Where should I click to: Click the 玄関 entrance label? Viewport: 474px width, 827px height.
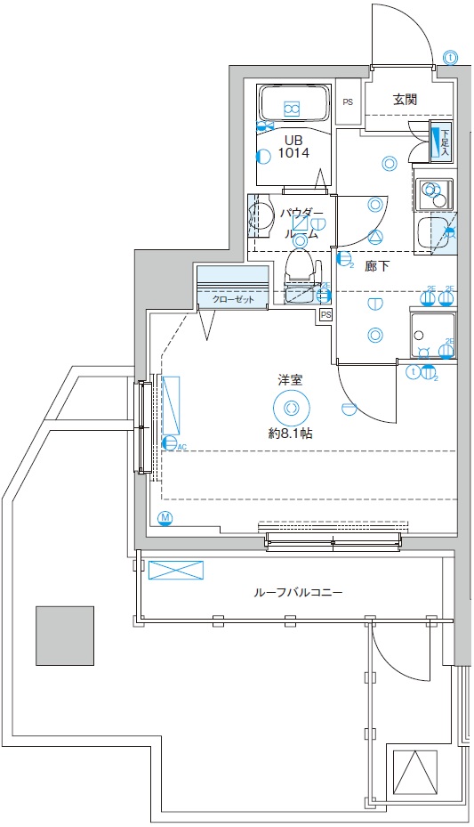coord(405,100)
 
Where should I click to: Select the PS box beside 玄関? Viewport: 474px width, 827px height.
coord(347,101)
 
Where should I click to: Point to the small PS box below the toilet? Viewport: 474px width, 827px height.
coord(325,315)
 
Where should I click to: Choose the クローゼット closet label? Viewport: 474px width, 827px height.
coord(233,300)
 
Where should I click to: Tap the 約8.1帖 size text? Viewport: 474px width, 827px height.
coord(290,434)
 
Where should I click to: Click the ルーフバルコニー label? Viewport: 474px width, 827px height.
coord(298,592)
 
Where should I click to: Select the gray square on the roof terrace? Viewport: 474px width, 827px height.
coord(65,636)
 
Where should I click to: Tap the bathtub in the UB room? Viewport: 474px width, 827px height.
coord(293,104)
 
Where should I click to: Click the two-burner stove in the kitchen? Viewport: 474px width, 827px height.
coord(434,191)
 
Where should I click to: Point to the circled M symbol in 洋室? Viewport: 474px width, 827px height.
coord(165,518)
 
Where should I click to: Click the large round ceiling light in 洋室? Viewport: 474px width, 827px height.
coord(290,409)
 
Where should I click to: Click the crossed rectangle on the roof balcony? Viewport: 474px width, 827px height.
coord(176,570)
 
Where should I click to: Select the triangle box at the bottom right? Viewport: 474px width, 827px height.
coord(414,773)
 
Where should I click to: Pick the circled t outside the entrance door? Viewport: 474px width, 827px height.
coord(451,57)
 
